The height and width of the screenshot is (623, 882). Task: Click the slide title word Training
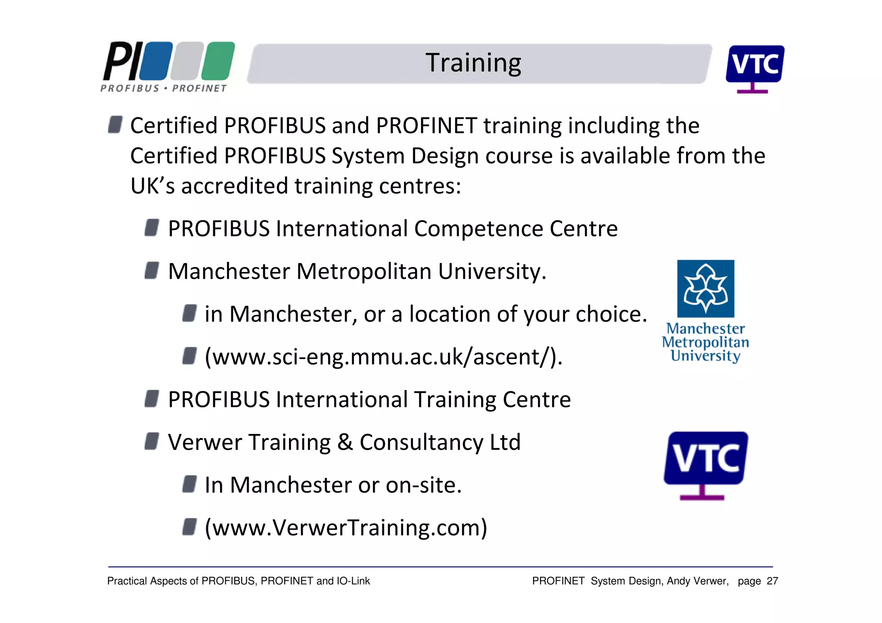pos(473,63)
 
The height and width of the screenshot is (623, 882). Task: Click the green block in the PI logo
pos(218,61)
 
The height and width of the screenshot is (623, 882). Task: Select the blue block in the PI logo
pos(156,61)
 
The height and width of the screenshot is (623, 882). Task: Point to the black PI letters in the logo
pos(122,61)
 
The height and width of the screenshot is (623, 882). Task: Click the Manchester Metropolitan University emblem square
pos(705,288)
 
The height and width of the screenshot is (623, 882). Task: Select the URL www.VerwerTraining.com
pos(346,528)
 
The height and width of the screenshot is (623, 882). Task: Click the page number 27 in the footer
pos(773,581)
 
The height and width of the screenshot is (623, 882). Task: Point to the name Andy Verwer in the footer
pos(697,581)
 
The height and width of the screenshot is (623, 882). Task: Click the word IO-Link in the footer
pos(353,581)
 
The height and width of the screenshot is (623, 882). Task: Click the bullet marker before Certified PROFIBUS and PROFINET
pos(115,124)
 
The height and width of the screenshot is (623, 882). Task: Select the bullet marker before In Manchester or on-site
pos(189,484)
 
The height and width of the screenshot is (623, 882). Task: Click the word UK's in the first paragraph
pos(152,186)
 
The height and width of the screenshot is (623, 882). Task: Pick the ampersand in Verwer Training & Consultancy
pos(345,442)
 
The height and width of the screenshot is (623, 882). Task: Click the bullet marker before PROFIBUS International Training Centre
pos(152,399)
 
